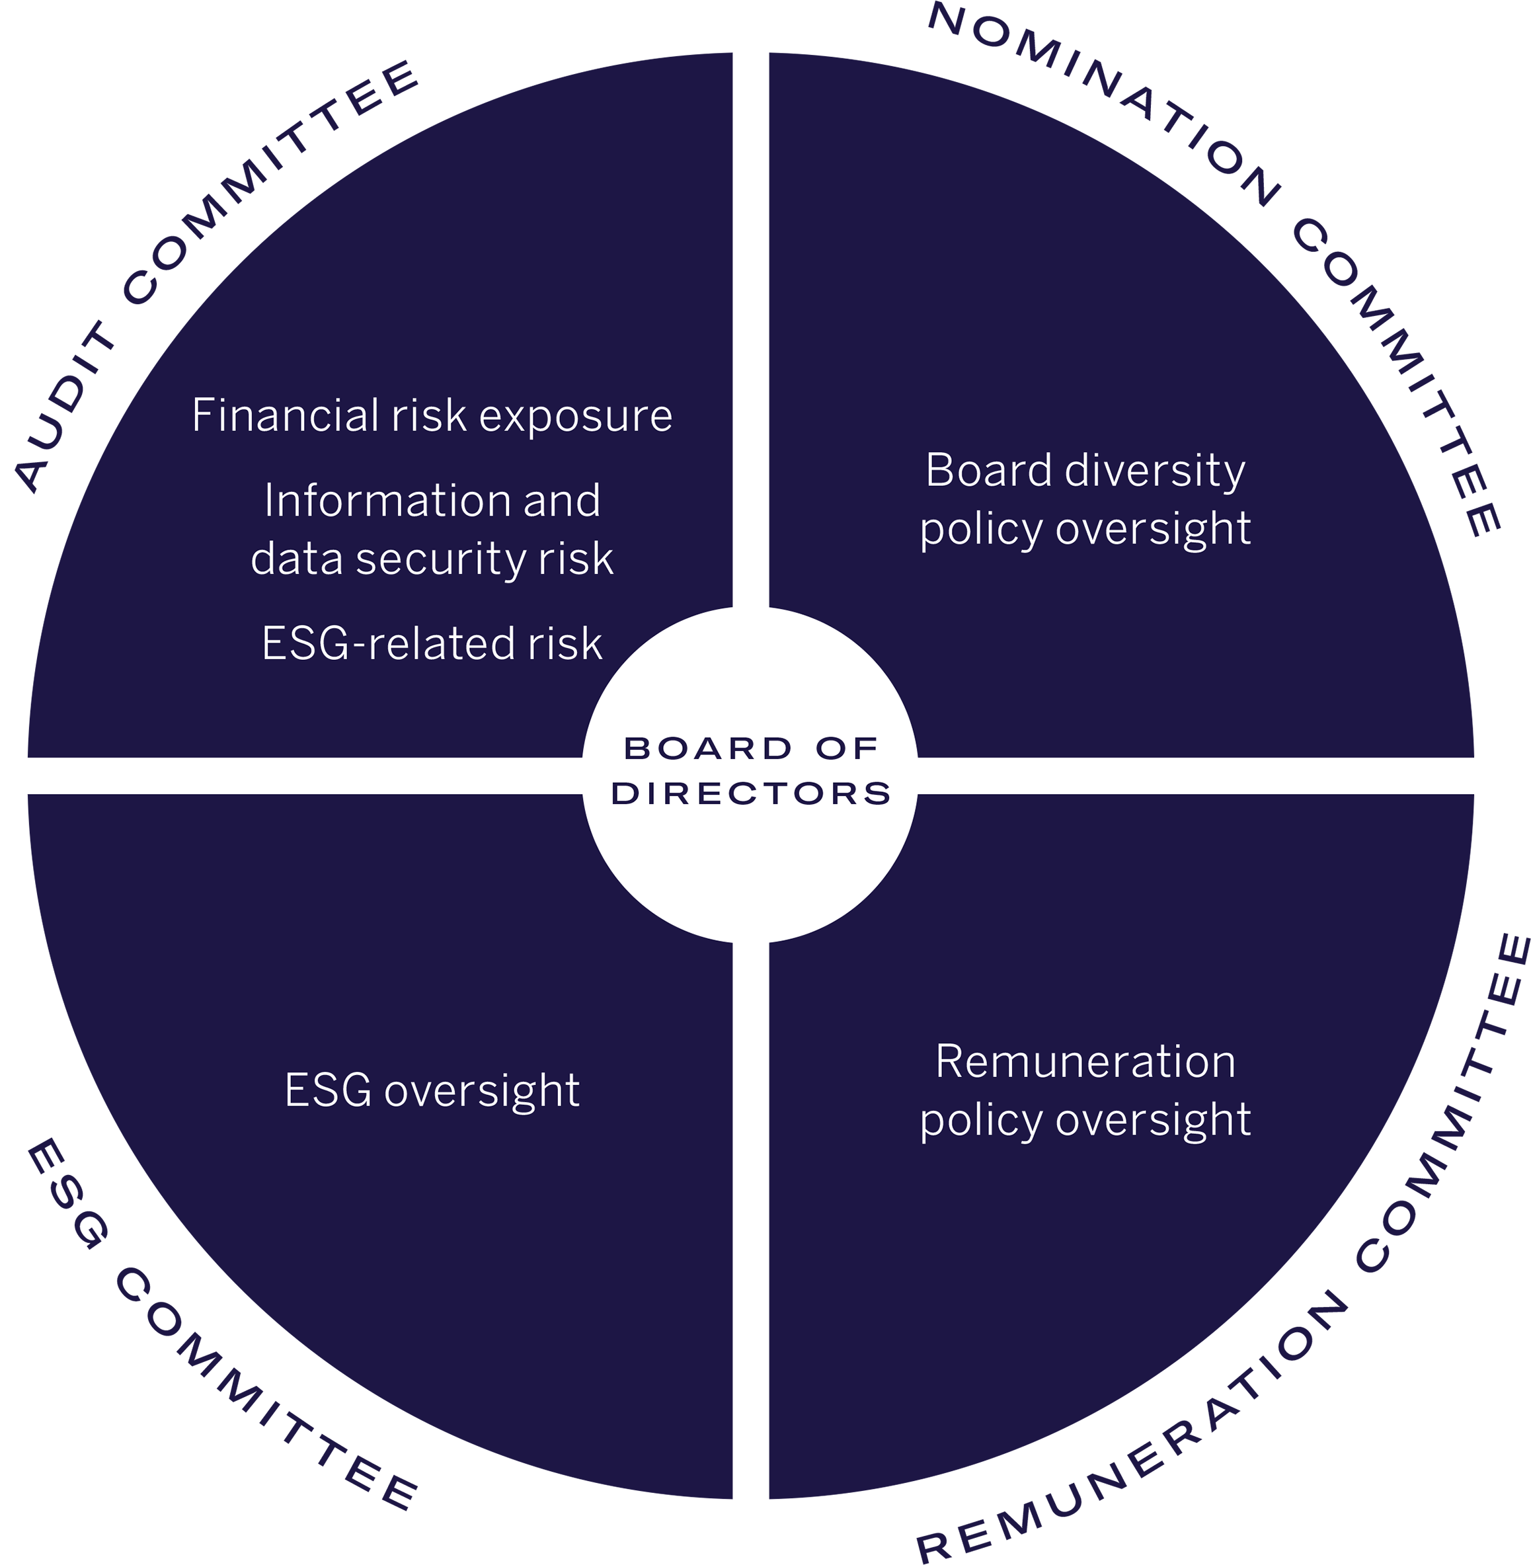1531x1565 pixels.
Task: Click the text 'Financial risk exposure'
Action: (x=432, y=416)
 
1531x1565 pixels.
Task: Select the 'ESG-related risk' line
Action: (x=432, y=644)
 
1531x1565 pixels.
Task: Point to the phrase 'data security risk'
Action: (x=432, y=559)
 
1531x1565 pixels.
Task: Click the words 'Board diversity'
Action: (x=1085, y=471)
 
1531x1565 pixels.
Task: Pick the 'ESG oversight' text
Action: (x=432, y=1092)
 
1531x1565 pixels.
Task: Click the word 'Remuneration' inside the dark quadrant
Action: (x=1085, y=1062)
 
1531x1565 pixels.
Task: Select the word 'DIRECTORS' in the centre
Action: (x=751, y=794)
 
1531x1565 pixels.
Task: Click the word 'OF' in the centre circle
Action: (x=846, y=748)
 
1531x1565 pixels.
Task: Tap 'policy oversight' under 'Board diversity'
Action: (x=1085, y=529)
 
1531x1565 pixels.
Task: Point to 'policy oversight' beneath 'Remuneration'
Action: (x=1085, y=1119)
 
